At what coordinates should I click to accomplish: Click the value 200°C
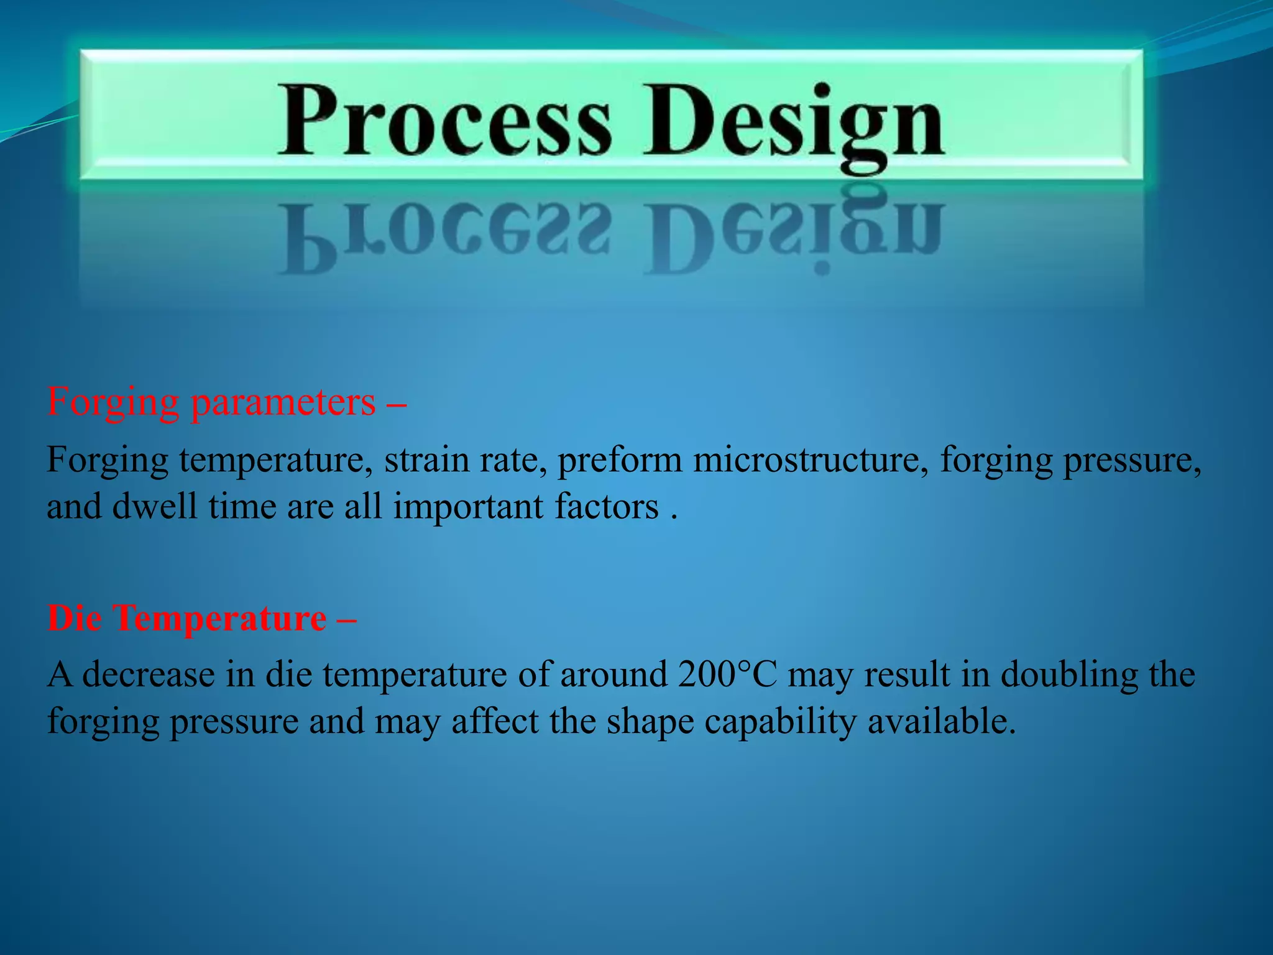pos(727,674)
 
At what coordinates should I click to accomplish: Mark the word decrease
pos(149,674)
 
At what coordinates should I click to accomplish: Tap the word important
pos(469,506)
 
